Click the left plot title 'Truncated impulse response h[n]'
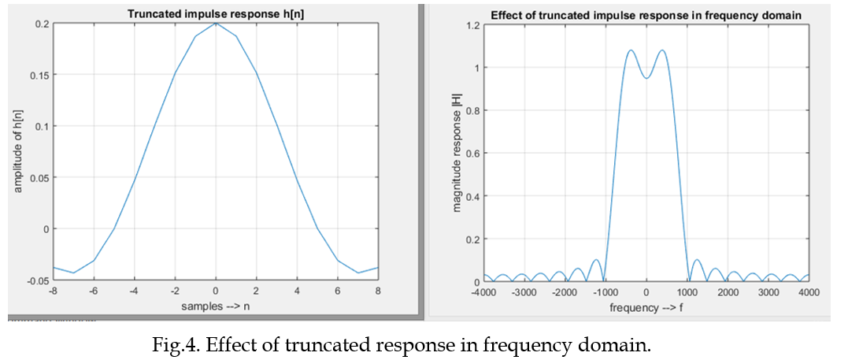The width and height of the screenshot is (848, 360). click(x=215, y=13)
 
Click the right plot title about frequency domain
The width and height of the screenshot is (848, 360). click(x=646, y=14)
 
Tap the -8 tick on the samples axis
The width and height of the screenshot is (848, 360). click(x=54, y=291)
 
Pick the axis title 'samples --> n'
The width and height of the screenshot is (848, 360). click(x=215, y=304)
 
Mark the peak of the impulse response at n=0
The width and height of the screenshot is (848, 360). click(x=216, y=23)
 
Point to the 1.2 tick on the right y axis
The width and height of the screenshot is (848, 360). click(x=471, y=25)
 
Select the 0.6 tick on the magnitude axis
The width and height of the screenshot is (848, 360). click(x=471, y=154)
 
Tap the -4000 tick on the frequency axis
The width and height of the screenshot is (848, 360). click(x=483, y=291)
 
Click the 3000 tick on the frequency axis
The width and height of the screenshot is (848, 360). click(x=768, y=291)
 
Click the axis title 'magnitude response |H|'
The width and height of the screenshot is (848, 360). click(x=457, y=154)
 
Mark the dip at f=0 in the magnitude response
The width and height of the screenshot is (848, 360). click(x=646, y=78)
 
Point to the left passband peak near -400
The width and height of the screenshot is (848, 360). click(x=631, y=50)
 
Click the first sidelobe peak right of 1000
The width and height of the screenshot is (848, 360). click(x=696, y=259)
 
